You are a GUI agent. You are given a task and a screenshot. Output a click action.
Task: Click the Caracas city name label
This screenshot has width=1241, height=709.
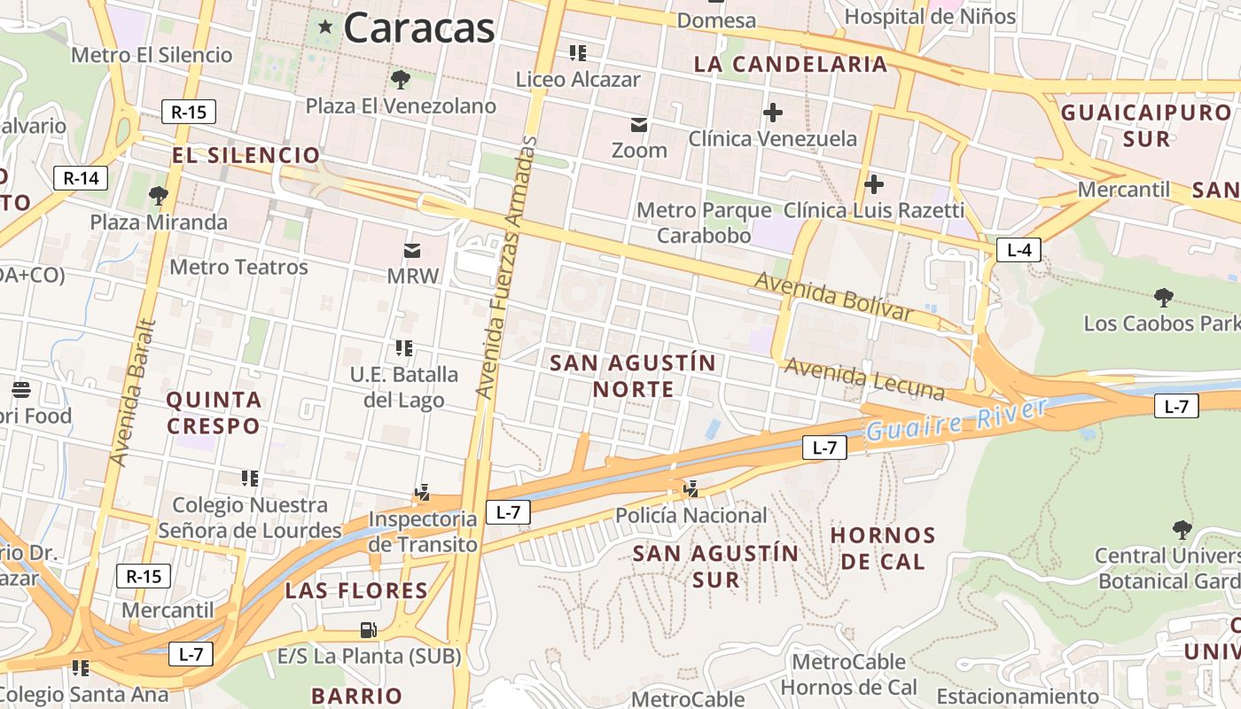418,27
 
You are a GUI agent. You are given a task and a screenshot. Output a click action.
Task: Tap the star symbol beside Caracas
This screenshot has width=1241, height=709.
325,27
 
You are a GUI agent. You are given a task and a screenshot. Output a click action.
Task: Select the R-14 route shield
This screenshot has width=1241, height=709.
81,178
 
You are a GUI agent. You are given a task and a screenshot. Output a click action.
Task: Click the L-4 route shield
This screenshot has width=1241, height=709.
1019,250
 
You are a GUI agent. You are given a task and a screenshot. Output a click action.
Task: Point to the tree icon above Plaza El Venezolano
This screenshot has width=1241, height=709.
401,80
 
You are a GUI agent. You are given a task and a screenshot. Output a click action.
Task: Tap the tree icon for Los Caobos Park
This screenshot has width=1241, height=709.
1163,298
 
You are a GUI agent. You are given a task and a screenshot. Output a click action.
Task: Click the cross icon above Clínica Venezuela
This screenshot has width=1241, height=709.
773,113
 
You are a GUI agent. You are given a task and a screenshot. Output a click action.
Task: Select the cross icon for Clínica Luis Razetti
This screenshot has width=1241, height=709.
874,184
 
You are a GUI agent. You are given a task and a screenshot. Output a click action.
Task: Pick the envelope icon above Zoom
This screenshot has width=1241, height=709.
639,125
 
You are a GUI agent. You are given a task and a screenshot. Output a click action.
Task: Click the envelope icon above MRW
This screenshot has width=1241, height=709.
413,251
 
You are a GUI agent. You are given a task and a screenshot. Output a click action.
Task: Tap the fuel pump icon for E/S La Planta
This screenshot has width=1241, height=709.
368,630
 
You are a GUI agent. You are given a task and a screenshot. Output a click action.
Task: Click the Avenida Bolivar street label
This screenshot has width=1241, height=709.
833,297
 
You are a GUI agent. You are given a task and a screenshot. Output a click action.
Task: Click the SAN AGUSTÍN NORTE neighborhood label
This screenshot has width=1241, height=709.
633,376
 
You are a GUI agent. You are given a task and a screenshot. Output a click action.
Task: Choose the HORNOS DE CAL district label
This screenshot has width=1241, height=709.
883,548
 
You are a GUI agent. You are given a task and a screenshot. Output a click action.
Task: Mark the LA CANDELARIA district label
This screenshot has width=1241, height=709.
790,64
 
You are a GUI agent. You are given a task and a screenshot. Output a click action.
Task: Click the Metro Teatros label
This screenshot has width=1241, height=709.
238,267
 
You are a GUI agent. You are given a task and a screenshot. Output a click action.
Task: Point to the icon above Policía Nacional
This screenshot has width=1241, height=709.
691,488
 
